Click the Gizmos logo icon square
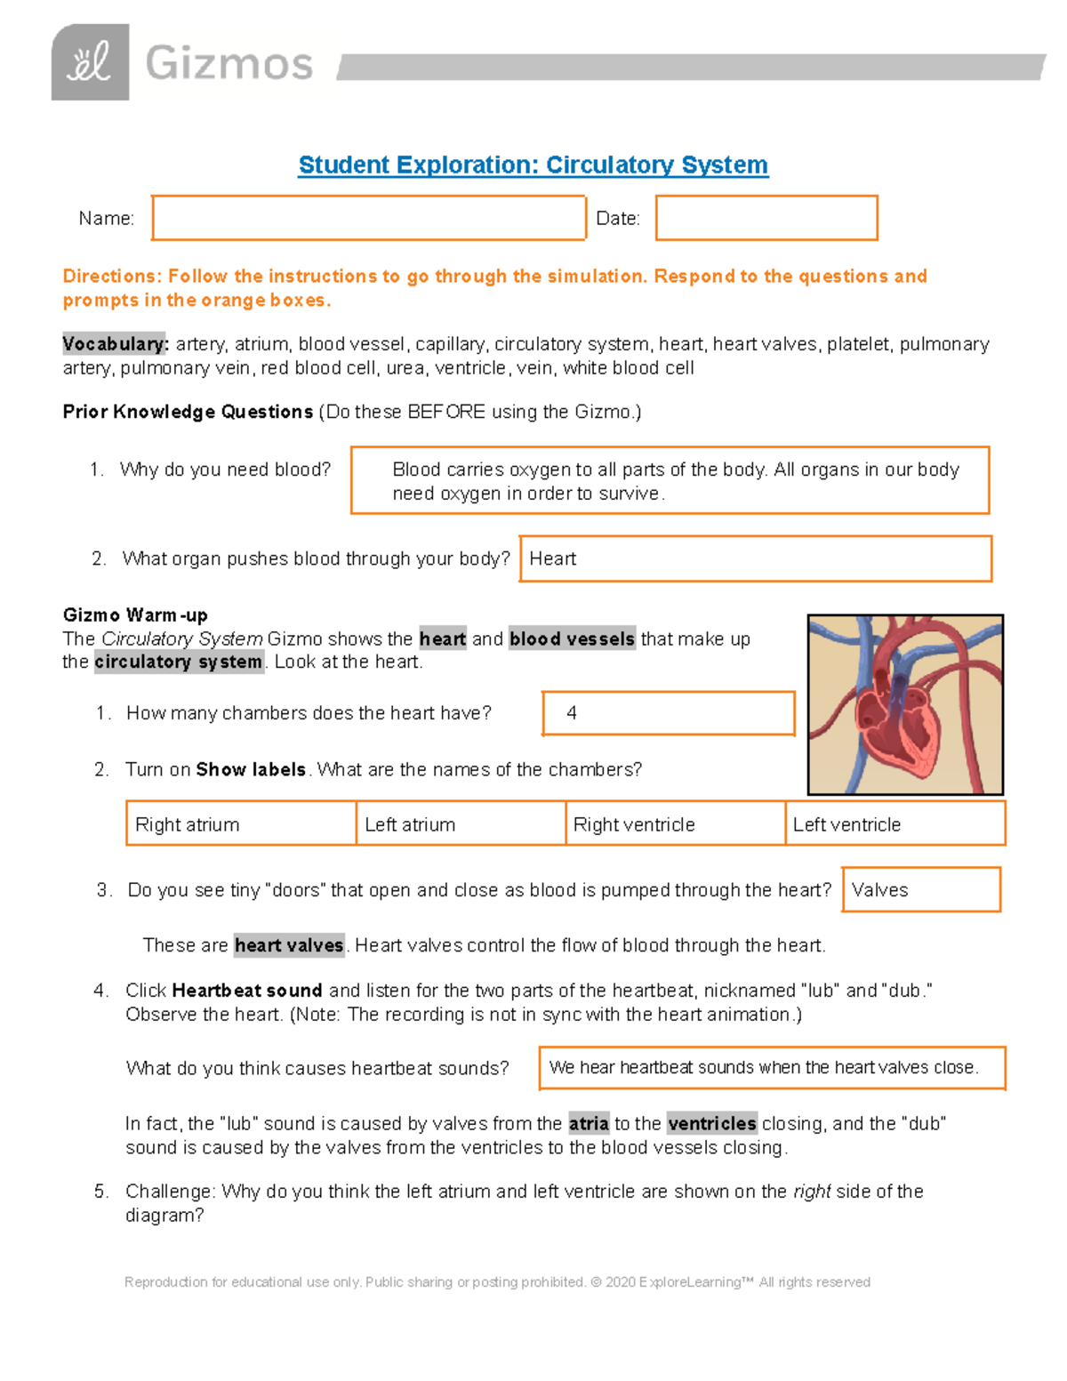click(x=90, y=62)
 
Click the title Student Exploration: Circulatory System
click(x=533, y=165)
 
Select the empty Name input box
click(x=368, y=218)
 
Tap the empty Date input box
click(x=766, y=218)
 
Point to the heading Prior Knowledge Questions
click(x=188, y=412)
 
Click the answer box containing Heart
click(x=755, y=558)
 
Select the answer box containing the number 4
click(x=668, y=713)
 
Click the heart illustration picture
click(x=905, y=704)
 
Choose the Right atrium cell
click(x=241, y=823)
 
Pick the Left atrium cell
click(x=461, y=823)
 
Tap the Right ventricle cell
click(x=675, y=823)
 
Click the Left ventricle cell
click(x=895, y=823)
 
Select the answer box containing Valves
click(x=920, y=889)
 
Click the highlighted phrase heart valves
click(x=289, y=945)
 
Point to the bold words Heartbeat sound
click(x=246, y=991)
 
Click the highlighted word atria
click(x=589, y=1124)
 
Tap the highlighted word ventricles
click(x=711, y=1124)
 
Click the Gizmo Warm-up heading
click(x=135, y=615)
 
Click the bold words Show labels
click(x=251, y=770)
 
